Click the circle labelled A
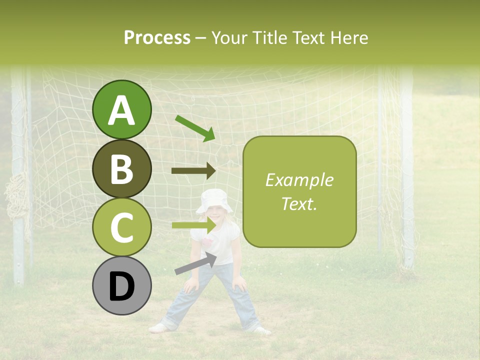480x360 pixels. click(121, 109)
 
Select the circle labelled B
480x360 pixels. click(121, 168)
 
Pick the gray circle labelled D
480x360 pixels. click(121, 285)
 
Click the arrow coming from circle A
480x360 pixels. click(195, 128)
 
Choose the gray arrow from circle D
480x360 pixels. click(195, 263)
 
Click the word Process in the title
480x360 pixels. click(157, 37)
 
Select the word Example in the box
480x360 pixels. click(299, 180)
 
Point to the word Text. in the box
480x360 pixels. click(299, 203)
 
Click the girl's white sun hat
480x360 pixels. click(215, 200)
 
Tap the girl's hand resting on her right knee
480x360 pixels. click(190, 285)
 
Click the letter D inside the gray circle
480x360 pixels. click(121, 286)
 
